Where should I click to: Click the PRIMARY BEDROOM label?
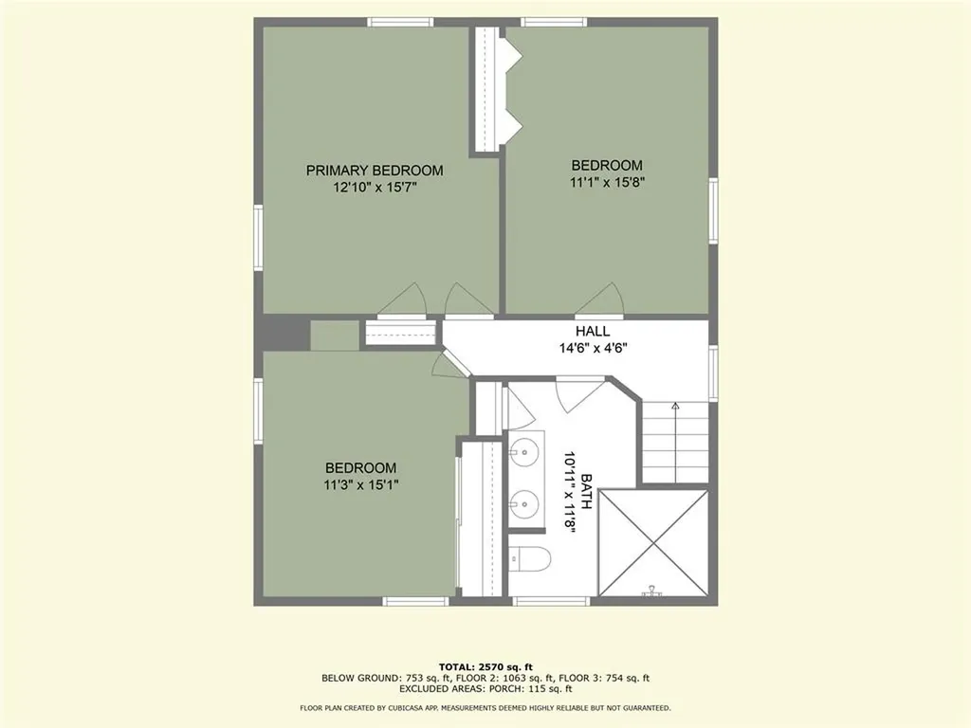point(375,171)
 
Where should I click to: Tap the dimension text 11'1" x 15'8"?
point(607,182)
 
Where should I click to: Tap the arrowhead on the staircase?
point(675,406)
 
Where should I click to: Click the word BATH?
point(587,492)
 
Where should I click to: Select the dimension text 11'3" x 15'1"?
point(360,485)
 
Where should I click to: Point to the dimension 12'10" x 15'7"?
point(375,188)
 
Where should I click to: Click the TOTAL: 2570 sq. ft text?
point(485,666)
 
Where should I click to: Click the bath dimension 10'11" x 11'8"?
point(571,492)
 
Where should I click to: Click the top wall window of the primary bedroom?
point(394,22)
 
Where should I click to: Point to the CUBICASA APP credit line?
point(485,708)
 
